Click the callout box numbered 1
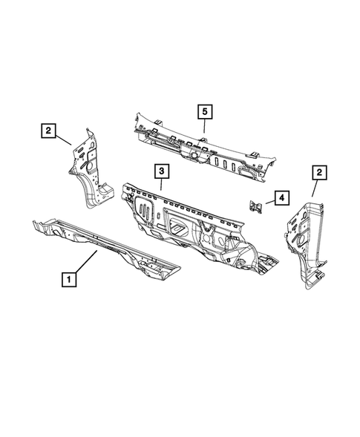pyautogui.click(x=68, y=279)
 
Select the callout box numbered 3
pyautogui.click(x=160, y=172)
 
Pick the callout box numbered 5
pyautogui.click(x=203, y=112)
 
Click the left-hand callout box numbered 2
pyautogui.click(x=48, y=132)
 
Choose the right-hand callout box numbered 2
pyautogui.click(x=318, y=173)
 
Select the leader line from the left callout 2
pyautogui.click(x=64, y=138)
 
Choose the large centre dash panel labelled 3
pyautogui.click(x=193, y=223)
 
